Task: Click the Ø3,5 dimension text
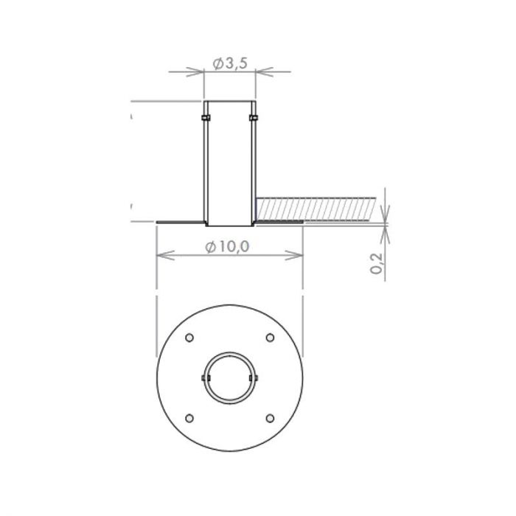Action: pyautogui.click(x=229, y=64)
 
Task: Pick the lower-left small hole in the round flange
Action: pyautogui.click(x=189, y=418)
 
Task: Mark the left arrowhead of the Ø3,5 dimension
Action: pyautogui.click(x=197, y=72)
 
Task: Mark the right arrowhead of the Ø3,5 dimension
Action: pyautogui.click(x=262, y=72)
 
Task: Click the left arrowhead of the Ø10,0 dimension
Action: pyautogui.click(x=164, y=255)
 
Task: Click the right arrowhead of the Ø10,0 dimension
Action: pyautogui.click(x=297, y=255)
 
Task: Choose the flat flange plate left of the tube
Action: pyautogui.click(x=180, y=221)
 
